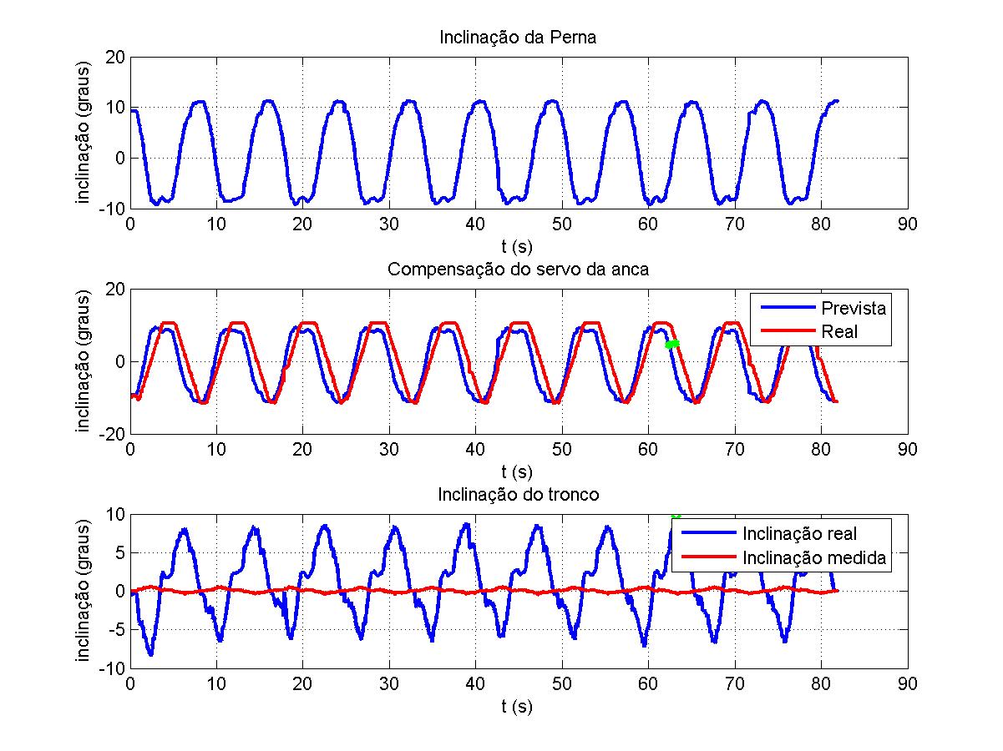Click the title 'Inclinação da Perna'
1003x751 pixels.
(x=518, y=38)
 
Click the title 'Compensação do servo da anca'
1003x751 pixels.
(x=518, y=270)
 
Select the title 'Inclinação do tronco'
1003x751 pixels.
(x=518, y=495)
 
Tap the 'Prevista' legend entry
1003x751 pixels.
(x=853, y=307)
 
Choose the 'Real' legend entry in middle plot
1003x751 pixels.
(x=839, y=331)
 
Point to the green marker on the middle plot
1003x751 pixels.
(x=672, y=344)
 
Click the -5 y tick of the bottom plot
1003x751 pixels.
(x=115, y=629)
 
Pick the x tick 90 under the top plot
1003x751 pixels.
(x=907, y=224)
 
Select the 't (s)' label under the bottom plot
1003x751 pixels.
(x=518, y=706)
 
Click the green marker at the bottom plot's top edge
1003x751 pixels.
(x=676, y=515)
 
